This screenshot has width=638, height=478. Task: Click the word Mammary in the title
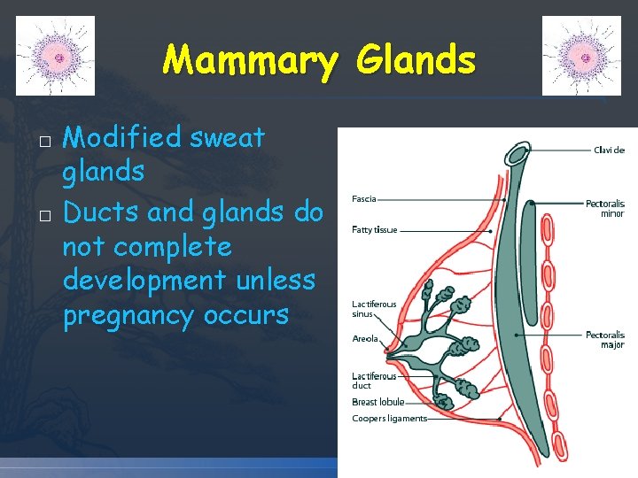251,62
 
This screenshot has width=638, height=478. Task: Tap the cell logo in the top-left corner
56,56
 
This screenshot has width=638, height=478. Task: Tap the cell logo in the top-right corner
582,56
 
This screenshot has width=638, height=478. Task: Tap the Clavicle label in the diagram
609,150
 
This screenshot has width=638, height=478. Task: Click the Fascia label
364,199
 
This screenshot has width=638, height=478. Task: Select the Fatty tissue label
375,230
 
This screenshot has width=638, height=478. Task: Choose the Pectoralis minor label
605,209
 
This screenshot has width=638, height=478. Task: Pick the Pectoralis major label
605,340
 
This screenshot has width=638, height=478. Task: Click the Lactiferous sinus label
374,309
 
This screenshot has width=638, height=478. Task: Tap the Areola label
365,338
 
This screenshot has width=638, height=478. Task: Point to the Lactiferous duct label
374,381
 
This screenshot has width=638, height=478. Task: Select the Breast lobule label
378,402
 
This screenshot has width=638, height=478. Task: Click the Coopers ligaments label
389,419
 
